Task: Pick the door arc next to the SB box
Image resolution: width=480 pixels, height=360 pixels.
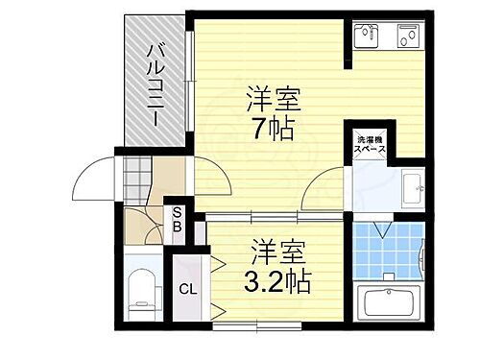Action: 146,226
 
